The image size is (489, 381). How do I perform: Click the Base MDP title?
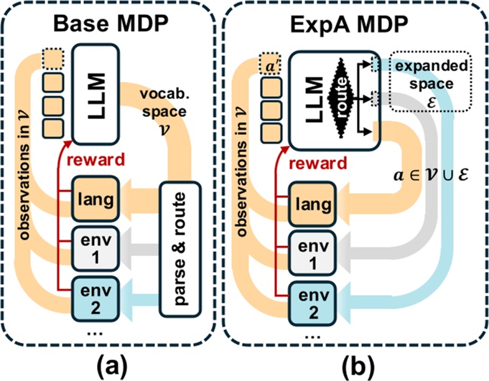(x=111, y=25)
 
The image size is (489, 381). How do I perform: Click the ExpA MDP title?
(x=354, y=25)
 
